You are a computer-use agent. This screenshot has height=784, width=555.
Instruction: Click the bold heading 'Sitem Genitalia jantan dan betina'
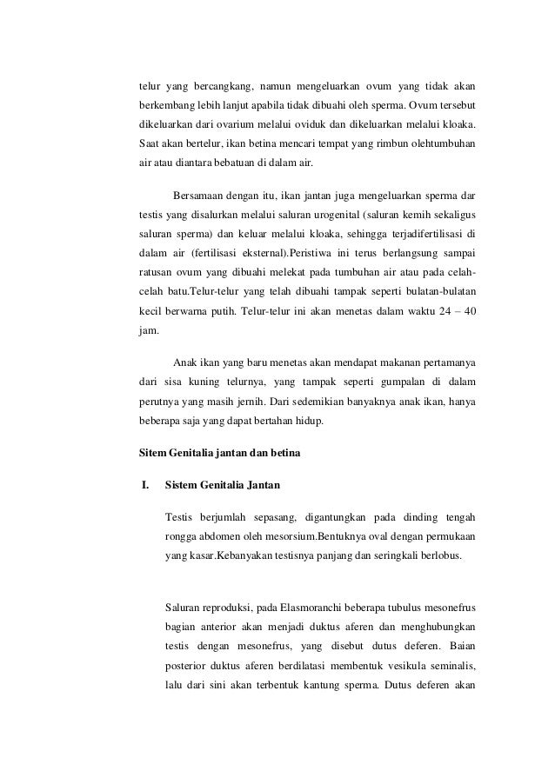(220, 452)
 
